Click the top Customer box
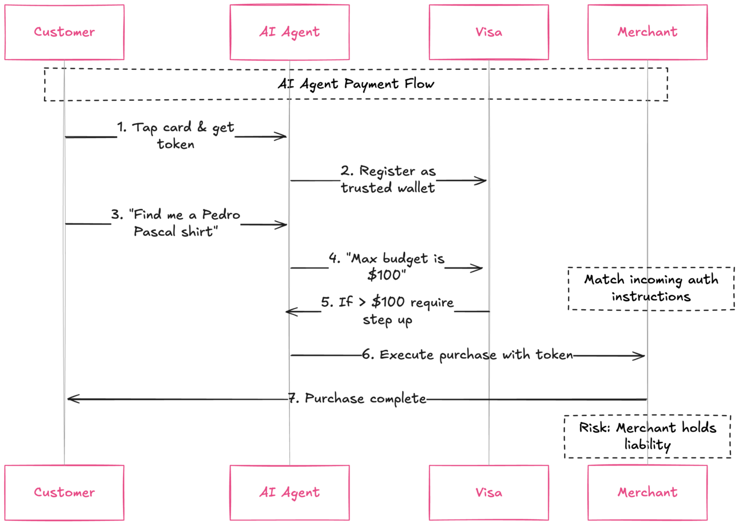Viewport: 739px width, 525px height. coord(64,32)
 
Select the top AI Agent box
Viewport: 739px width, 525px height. coord(289,32)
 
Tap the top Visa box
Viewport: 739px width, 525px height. coord(489,32)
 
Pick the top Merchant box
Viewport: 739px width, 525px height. coord(647,32)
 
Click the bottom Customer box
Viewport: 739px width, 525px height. coord(64,492)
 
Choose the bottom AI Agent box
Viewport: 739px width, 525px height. coord(289,492)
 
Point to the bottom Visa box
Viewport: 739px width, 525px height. coord(489,492)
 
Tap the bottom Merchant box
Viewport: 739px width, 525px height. coord(647,492)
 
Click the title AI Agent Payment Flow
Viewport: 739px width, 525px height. coord(356,84)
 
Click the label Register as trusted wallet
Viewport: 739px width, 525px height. coord(388,179)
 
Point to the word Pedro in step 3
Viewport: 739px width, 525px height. coord(221,215)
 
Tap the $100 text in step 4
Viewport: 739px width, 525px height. coord(386,275)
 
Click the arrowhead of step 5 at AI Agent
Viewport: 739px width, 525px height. coord(287,311)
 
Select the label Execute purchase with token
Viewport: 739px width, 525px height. coord(467,356)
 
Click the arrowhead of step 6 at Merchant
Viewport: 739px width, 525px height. coord(644,356)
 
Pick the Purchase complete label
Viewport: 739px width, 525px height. coord(357,398)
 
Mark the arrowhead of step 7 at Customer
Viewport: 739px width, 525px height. coord(68,399)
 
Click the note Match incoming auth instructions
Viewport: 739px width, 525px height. coord(651,288)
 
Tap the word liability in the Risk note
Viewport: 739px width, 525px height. coord(647,445)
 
